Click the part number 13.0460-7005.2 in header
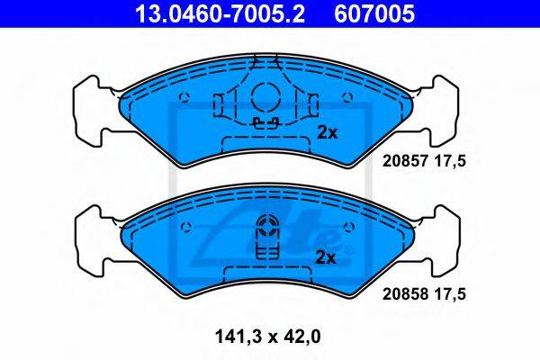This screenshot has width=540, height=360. tap(220, 13)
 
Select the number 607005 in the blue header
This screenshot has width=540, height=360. tap(374, 13)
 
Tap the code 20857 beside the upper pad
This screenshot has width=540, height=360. tap(405, 161)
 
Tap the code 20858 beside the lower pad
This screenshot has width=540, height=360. tap(405, 294)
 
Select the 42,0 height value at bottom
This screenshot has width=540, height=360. tap(299, 337)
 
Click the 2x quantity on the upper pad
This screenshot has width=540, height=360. tap(328, 132)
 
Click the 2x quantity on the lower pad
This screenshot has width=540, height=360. tap(326, 257)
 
